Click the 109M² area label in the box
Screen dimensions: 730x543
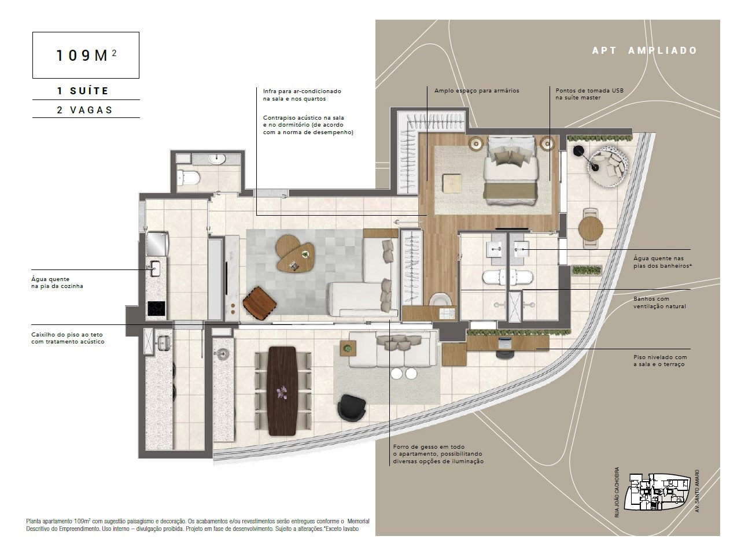[x=86, y=55]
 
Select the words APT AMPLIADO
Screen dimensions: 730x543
[x=644, y=51]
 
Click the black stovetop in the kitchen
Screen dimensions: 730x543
[x=156, y=308]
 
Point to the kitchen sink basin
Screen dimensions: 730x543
[x=155, y=268]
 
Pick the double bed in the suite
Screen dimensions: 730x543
[x=511, y=171]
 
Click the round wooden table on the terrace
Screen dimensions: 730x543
[x=591, y=228]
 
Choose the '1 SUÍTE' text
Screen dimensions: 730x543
[x=83, y=91]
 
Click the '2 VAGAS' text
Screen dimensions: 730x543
[x=84, y=110]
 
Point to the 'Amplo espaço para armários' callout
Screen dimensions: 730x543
[x=477, y=90]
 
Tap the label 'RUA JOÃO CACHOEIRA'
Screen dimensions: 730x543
[x=617, y=492]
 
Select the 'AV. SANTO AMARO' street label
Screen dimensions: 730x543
[x=696, y=491]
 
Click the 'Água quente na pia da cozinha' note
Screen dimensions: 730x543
[x=57, y=283]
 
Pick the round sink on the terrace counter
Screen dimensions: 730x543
[x=223, y=354]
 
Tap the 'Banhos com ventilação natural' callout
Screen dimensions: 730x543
[x=659, y=302]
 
